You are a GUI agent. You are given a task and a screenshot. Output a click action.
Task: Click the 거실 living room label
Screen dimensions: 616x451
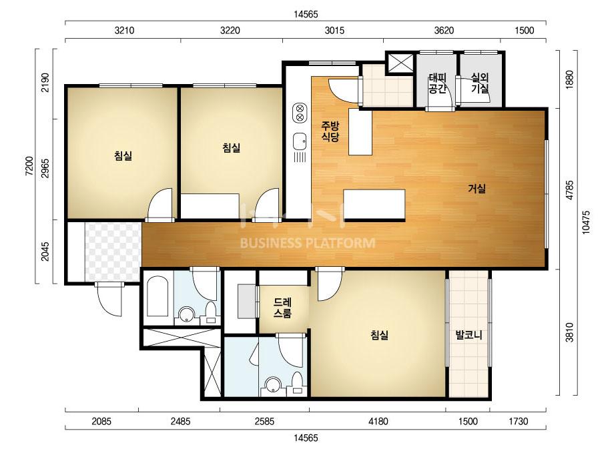pos(477,189)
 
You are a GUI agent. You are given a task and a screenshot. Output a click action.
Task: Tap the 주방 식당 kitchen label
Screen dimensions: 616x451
pos(330,131)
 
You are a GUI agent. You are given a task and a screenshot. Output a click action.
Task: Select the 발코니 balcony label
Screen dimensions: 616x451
pos(469,335)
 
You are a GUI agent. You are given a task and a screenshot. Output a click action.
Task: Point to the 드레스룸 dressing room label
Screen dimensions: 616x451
pos(282,308)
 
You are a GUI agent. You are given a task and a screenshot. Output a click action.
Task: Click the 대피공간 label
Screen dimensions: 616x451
pos(437,83)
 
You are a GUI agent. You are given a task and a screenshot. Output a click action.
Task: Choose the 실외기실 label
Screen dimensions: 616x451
pos(480,83)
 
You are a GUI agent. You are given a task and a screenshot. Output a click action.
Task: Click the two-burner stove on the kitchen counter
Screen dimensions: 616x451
pos(300,113)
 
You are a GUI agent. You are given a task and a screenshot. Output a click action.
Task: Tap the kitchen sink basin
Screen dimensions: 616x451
pos(300,141)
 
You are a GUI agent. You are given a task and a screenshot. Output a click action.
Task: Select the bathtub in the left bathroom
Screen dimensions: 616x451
pos(158,296)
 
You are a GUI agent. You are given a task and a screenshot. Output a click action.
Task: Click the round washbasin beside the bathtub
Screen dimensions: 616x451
pos(186,314)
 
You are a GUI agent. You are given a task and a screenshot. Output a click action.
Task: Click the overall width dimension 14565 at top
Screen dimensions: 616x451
pos(306,14)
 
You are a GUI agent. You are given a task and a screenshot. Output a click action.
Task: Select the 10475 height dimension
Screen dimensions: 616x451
pos(586,223)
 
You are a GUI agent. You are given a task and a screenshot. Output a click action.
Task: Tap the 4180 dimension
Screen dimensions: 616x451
pos(378,422)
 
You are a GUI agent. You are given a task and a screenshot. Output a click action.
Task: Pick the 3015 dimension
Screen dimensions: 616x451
pos(334,30)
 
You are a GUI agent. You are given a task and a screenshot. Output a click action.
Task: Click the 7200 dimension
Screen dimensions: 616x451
pos(29,165)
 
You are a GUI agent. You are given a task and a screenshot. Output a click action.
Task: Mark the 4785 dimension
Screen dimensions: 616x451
pos(570,189)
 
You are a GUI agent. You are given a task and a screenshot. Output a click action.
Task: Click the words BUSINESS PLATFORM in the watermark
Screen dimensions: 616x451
pos(308,243)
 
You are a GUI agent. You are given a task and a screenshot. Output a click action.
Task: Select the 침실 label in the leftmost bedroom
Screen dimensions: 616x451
pos(123,156)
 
